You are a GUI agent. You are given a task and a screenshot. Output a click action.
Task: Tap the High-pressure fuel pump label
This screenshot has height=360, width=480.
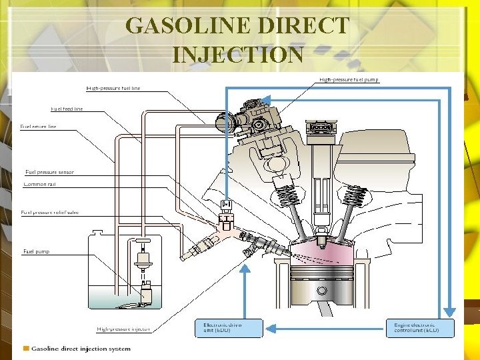click(x=349, y=80)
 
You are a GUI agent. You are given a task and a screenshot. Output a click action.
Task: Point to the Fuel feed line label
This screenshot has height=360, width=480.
click(x=67, y=109)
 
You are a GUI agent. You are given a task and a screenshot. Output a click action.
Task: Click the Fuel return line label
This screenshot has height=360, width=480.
click(x=39, y=126)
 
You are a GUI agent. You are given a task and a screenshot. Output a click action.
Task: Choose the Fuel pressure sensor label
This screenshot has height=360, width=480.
click(x=49, y=172)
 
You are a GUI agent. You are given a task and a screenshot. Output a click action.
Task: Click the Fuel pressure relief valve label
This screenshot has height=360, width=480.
click(x=49, y=213)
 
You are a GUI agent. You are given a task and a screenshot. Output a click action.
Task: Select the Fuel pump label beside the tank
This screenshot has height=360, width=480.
click(x=36, y=252)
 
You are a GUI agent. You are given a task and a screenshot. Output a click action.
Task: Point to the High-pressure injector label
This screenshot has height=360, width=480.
click(x=123, y=329)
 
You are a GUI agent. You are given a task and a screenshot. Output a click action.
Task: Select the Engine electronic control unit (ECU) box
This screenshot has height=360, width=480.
click(x=420, y=327)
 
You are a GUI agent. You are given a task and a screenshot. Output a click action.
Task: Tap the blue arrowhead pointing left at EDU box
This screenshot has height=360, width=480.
click(x=271, y=327)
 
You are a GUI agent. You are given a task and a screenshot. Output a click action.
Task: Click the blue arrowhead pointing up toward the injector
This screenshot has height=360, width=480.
click(x=245, y=269)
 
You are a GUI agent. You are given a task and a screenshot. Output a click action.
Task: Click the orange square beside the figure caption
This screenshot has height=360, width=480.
click(x=26, y=348)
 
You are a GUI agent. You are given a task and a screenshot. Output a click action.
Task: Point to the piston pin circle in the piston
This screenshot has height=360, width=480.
click(x=322, y=291)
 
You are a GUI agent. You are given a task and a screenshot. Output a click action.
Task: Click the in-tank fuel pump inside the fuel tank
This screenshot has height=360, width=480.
click(x=145, y=291)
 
